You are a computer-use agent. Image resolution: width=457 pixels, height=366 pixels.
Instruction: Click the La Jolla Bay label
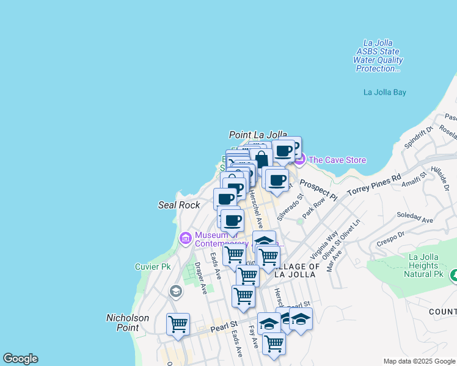pyautogui.click(x=384, y=93)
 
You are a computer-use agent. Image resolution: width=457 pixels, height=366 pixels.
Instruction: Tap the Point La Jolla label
pyautogui.click(x=258, y=134)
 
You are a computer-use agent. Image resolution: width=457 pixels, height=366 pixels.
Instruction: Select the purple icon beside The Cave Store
pyautogui.click(x=299, y=160)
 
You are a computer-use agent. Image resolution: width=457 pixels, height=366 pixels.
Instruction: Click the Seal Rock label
pyautogui.click(x=179, y=206)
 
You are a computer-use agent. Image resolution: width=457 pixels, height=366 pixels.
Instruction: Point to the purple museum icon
pyautogui.click(x=186, y=237)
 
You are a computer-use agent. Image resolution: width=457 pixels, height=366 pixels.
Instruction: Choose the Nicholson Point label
pyautogui.click(x=128, y=322)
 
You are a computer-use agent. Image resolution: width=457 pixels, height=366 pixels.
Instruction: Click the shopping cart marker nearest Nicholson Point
pyautogui.click(x=178, y=324)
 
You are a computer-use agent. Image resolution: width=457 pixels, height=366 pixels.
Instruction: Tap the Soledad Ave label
pyautogui.click(x=414, y=217)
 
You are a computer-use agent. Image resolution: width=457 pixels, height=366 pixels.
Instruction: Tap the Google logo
pyautogui.click(x=20, y=359)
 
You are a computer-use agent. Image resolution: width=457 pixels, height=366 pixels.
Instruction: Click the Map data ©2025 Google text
pyautogui.click(x=419, y=361)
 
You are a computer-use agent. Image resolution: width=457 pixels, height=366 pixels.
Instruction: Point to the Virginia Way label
pyautogui.click(x=324, y=245)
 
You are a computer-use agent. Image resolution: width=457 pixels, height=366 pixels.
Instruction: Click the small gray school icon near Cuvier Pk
pyautogui.click(x=176, y=292)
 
